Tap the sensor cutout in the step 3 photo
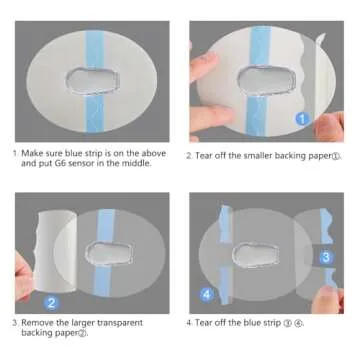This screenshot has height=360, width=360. (x=111, y=253)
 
